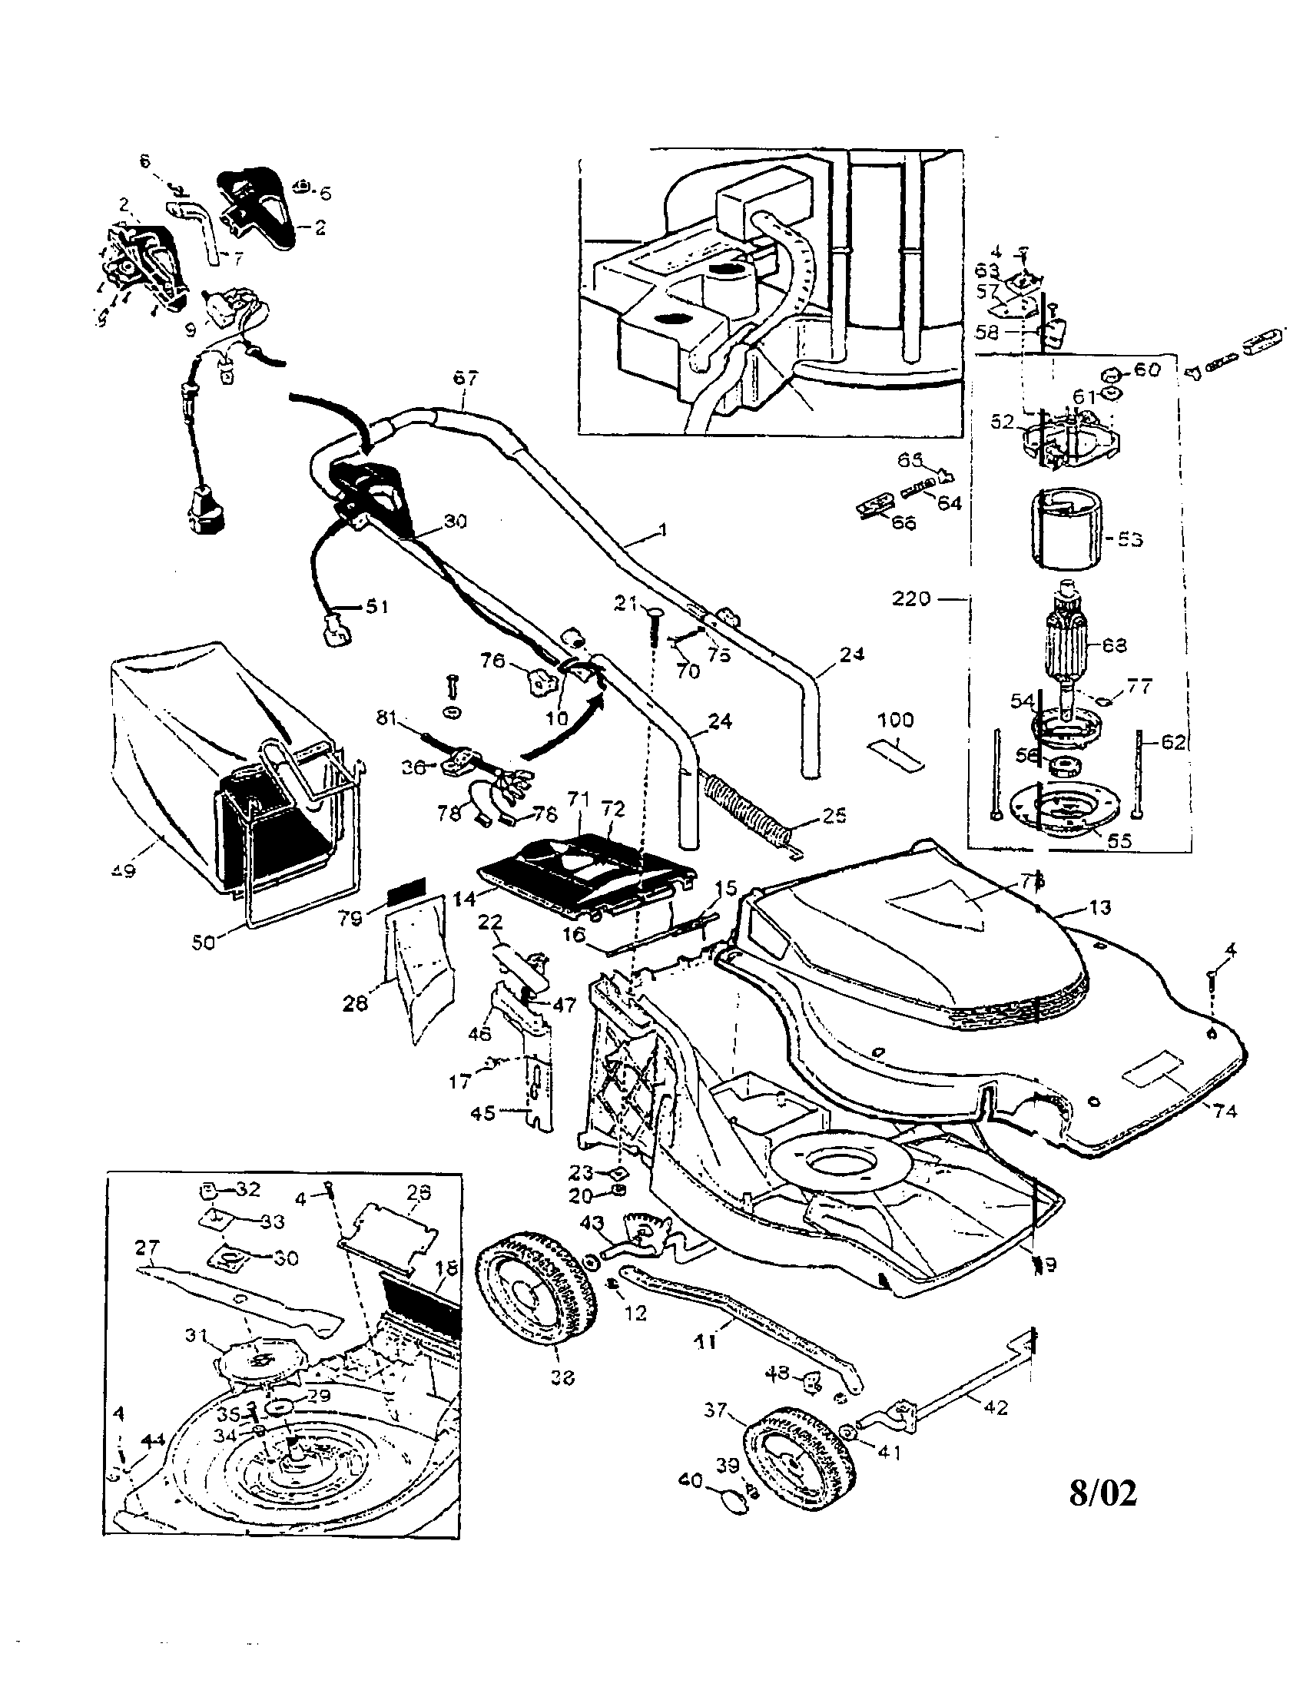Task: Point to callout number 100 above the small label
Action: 895,721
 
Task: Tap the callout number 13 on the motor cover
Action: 1099,907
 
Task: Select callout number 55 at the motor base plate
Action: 1119,841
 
